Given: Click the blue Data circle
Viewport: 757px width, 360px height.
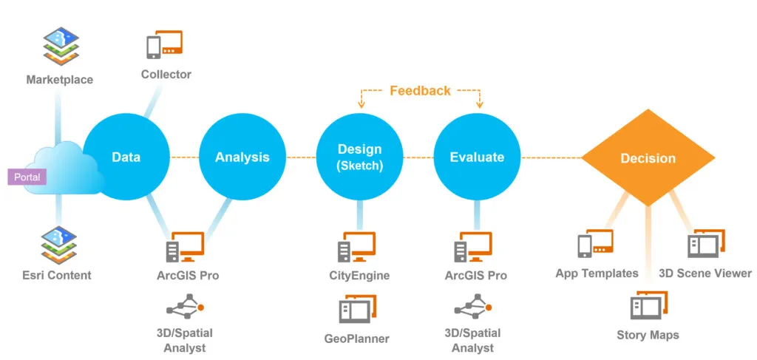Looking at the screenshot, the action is (x=126, y=157).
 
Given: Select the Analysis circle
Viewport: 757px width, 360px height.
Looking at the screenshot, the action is (x=242, y=157).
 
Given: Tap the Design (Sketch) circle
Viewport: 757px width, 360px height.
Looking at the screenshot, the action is (x=360, y=157).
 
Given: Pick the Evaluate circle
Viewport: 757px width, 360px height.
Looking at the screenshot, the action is (x=477, y=157).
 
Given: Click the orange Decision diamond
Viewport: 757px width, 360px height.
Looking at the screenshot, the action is (x=648, y=157).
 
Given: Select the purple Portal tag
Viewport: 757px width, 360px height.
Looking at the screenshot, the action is (x=27, y=177).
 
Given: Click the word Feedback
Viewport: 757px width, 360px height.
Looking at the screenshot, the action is (x=420, y=91).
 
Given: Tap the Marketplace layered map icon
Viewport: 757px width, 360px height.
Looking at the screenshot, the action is (x=61, y=47).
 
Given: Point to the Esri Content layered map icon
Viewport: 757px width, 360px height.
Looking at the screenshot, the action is (x=59, y=245).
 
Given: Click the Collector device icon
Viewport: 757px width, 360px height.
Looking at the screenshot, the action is (x=165, y=45).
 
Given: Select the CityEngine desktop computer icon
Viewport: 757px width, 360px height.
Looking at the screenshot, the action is (x=357, y=247).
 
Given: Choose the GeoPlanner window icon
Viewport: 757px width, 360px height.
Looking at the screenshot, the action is (x=358, y=309).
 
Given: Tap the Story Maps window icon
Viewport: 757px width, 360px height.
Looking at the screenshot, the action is (x=649, y=305).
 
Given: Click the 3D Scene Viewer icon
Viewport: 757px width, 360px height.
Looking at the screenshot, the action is (x=706, y=244).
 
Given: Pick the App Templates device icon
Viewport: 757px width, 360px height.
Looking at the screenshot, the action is (x=596, y=244).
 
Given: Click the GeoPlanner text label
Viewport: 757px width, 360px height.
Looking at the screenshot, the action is (x=357, y=339).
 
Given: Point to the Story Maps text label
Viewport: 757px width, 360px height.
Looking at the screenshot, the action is (x=648, y=335).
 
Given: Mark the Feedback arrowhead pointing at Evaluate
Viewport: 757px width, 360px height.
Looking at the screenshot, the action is (x=479, y=105).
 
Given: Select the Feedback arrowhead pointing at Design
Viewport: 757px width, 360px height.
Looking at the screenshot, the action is (x=360, y=105).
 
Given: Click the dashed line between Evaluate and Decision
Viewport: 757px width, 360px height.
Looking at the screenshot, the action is (x=551, y=157).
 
